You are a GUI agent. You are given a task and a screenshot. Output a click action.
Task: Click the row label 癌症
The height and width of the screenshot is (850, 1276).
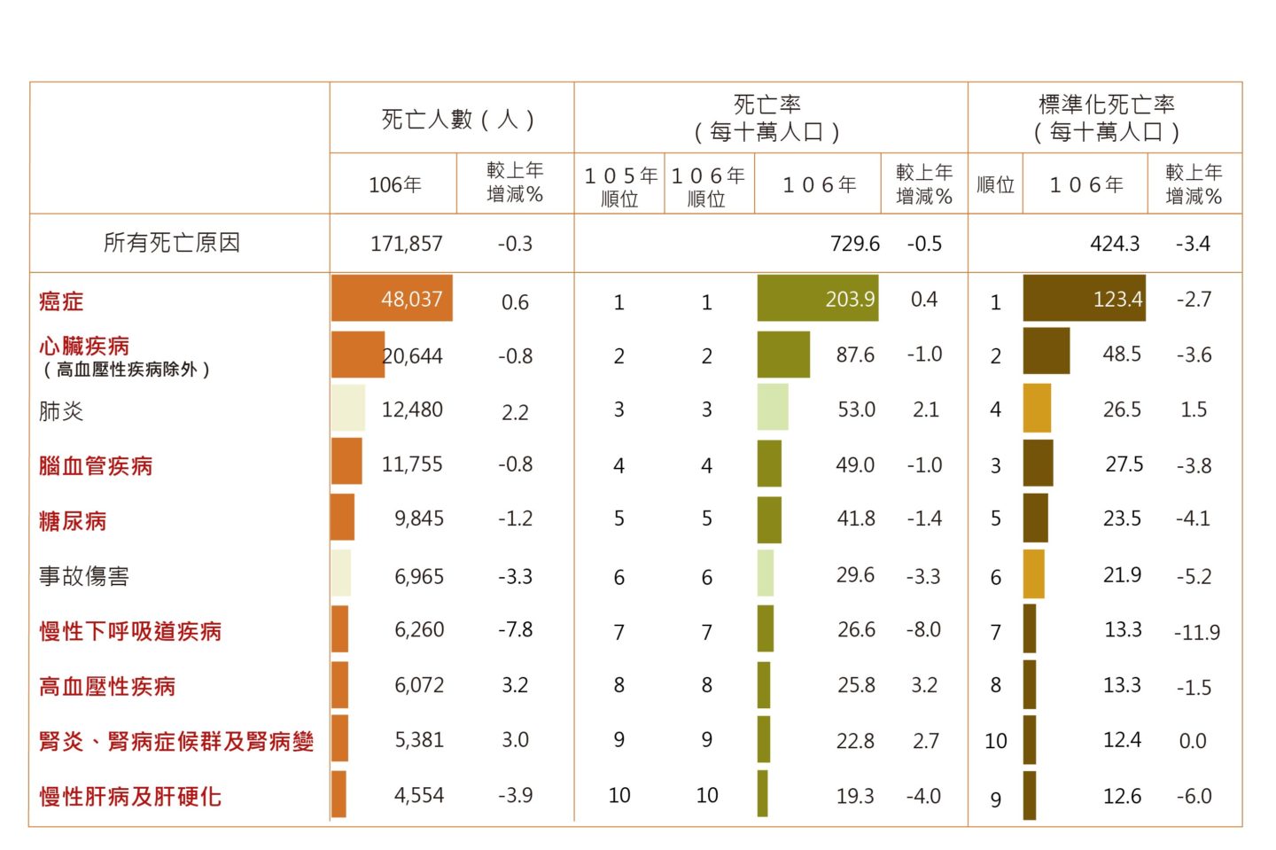61,301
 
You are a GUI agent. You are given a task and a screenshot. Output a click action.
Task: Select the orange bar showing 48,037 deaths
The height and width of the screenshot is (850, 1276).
392,299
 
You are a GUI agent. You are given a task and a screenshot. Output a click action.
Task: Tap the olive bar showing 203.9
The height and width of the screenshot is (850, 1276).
817,299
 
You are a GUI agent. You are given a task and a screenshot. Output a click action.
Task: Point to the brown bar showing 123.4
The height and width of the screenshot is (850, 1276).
1083,299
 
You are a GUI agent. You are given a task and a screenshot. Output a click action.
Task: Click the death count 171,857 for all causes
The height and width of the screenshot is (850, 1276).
406,244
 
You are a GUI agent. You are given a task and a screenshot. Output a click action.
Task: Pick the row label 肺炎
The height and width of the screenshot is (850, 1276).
61,411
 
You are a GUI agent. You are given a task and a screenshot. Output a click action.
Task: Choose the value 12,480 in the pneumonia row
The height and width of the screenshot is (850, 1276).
412,410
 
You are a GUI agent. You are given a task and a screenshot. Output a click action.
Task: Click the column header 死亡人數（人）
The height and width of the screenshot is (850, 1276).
457,119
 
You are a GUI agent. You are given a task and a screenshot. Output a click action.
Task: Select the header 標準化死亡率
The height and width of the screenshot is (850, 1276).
1106,105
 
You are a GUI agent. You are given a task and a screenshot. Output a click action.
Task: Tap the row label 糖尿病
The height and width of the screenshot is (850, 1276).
73,521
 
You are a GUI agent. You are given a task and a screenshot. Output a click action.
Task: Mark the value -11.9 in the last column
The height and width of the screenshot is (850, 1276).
1196,633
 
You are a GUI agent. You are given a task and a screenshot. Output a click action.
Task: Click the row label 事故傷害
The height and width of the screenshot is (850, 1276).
84,577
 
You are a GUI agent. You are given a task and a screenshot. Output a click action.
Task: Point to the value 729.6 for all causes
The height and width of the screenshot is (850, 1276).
855,244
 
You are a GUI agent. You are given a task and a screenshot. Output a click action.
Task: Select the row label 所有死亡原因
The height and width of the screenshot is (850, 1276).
172,243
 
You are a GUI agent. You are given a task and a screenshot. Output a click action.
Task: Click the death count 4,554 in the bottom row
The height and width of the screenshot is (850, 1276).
419,795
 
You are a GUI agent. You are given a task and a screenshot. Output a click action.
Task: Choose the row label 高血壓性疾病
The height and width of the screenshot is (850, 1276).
107,686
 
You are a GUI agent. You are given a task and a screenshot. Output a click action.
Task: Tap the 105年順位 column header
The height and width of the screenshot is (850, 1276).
620,186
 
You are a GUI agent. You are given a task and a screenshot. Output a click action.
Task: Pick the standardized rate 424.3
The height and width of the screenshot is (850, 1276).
1115,244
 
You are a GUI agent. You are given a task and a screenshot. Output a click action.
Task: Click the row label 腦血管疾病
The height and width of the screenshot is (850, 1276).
96,466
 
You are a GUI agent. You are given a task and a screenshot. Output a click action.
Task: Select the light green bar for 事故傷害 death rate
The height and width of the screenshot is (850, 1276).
766,573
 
